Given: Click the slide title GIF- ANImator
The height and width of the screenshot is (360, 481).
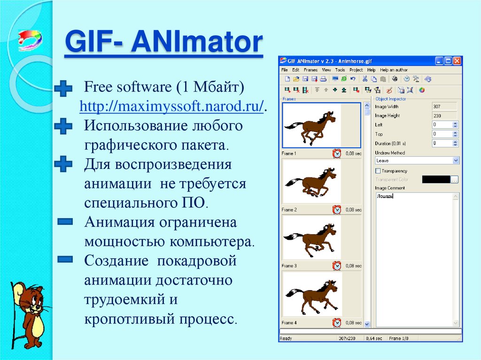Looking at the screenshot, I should click(x=163, y=43).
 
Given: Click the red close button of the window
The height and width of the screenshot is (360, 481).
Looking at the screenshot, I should click(x=457, y=61).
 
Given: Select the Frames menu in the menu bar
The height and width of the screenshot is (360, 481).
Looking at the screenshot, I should click(x=310, y=70).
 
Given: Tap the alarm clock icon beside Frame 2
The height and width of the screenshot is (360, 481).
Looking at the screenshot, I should click(x=337, y=209).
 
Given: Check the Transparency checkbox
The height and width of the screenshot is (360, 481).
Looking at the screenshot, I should click(x=378, y=171).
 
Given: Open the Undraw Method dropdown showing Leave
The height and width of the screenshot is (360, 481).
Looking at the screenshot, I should click(x=416, y=161).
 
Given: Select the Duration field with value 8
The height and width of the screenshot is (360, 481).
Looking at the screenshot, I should click(x=441, y=143).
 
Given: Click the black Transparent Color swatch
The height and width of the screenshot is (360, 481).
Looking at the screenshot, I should click(x=435, y=179).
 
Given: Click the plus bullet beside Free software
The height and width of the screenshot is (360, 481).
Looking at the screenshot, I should click(x=63, y=88).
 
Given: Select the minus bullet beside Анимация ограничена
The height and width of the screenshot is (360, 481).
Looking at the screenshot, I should click(x=64, y=221).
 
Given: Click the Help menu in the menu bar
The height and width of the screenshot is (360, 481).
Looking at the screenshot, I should click(x=371, y=70).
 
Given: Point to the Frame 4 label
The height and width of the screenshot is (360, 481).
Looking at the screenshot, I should click(x=289, y=323).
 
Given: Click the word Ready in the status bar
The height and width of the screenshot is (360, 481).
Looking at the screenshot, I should click(x=286, y=338).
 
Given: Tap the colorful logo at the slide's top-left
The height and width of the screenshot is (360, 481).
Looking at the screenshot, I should click(x=29, y=40).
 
